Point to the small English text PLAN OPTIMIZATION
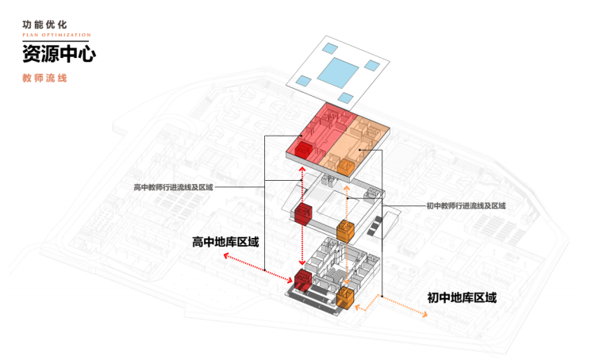(x=56, y=36)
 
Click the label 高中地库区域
(x=225, y=242)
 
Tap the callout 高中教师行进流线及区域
(x=173, y=187)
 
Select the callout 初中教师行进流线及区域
(x=466, y=206)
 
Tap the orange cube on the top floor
(x=345, y=166)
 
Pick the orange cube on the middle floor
(x=345, y=230)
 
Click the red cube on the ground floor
(x=303, y=279)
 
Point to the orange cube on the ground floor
(x=346, y=297)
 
